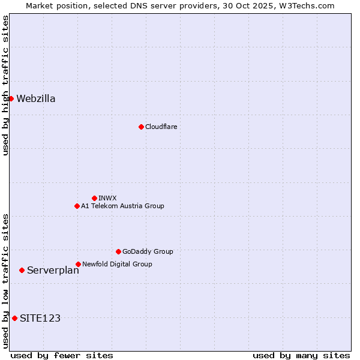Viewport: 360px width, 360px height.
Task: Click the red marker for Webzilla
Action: tap(11, 98)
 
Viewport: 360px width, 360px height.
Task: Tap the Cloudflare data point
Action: tap(141, 127)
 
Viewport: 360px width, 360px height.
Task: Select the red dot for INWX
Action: tap(94, 198)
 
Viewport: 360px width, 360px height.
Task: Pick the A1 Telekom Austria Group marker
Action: tap(77, 206)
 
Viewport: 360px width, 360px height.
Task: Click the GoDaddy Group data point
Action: tap(118, 251)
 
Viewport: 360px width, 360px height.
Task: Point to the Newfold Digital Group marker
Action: tap(78, 264)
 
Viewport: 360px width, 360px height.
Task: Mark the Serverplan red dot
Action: tap(22, 270)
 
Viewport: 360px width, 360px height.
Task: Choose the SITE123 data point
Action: tap(14, 318)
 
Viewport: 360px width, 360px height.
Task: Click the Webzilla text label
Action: tap(36, 99)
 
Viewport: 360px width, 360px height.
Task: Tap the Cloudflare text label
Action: tap(161, 127)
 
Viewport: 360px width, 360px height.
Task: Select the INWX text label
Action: tap(107, 198)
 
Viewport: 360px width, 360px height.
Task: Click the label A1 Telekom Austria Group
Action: tap(122, 206)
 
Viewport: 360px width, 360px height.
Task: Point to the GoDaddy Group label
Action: tap(148, 251)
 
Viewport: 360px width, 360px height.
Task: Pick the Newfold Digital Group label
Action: tap(117, 264)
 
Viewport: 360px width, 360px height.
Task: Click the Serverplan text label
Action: tap(53, 271)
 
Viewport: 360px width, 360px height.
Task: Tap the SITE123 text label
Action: tap(40, 319)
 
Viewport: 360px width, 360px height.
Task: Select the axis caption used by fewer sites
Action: tap(62, 355)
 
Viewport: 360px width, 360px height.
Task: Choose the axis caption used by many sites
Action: tap(301, 355)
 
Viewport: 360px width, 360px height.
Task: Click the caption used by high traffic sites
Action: tap(5, 85)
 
